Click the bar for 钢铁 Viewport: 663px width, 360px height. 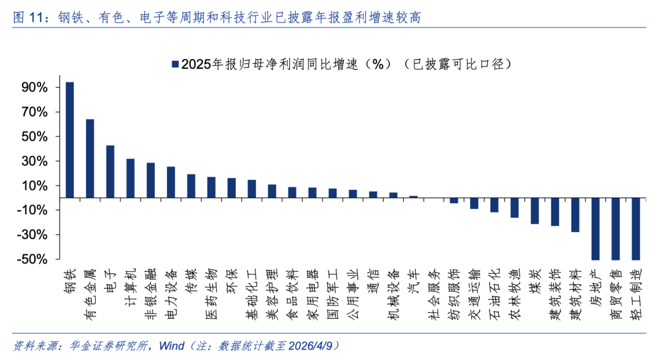click(70, 140)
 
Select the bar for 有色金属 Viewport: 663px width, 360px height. click(90, 158)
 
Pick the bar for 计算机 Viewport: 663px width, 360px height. click(131, 178)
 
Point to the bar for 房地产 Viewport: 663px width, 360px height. click(595, 229)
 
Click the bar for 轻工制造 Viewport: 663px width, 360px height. click(636, 229)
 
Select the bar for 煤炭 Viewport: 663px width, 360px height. click(535, 211)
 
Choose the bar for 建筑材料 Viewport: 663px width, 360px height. click(575, 215)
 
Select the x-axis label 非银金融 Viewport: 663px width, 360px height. click(150, 294)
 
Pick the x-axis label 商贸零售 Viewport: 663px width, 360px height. click(615, 294)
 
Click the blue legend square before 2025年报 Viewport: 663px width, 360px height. click(175, 64)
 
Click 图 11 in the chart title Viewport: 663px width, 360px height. click(28, 18)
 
